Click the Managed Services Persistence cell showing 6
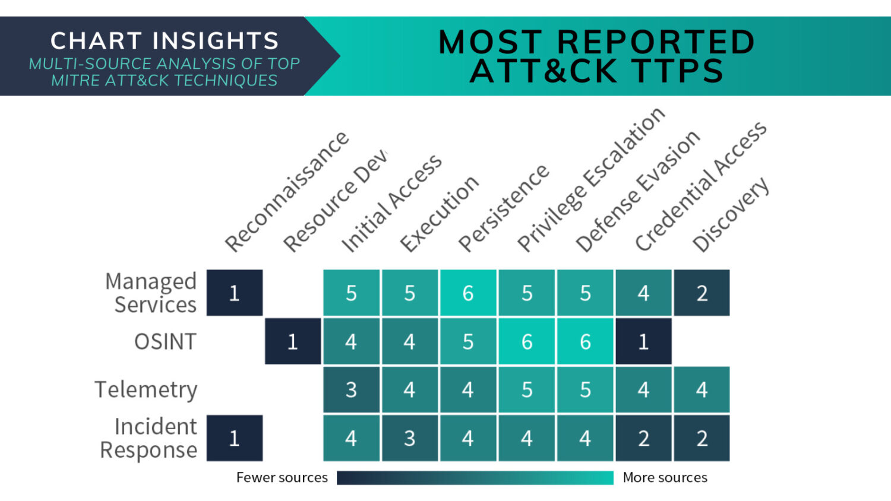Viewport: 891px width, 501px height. pyautogui.click(x=468, y=293)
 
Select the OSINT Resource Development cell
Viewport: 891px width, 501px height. pyautogui.click(x=293, y=341)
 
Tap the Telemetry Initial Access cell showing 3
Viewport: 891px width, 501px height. pyautogui.click(x=351, y=389)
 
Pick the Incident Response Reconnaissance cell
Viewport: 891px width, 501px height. pyautogui.click(x=235, y=438)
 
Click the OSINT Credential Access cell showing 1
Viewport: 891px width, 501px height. pyautogui.click(x=643, y=341)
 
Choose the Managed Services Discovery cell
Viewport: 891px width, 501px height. pyautogui.click(x=702, y=293)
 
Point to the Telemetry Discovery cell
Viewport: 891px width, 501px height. pyautogui.click(x=702, y=389)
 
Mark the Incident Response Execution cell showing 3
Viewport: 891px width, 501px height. pyautogui.click(x=410, y=438)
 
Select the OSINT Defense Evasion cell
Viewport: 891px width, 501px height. pyautogui.click(x=585, y=341)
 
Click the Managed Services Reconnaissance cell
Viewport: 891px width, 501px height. pyautogui.click(x=235, y=293)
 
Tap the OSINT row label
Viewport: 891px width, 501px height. pyautogui.click(x=166, y=341)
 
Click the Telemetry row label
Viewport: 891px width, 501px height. pyautogui.click(x=146, y=389)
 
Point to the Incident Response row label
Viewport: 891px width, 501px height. pyautogui.click(x=148, y=438)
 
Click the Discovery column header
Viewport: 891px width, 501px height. pyautogui.click(x=731, y=215)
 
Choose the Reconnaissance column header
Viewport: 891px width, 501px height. pyautogui.click(x=287, y=192)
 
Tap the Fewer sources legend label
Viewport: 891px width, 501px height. pyautogui.click(x=282, y=477)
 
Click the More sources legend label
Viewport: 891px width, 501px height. pyautogui.click(x=665, y=477)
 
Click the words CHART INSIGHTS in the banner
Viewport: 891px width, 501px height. pyautogui.click(x=165, y=41)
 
